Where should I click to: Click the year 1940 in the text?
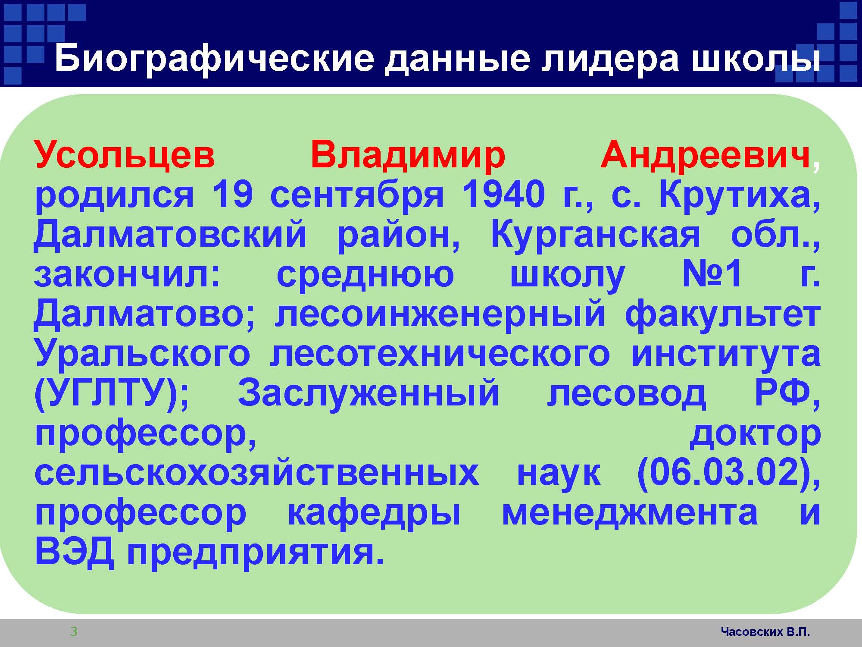coord(503,195)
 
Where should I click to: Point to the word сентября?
coord(357,196)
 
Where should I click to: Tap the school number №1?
coord(712,274)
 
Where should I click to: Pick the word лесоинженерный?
coord(440,314)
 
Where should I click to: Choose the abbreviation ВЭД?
coord(74,553)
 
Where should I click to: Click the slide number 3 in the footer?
coord(74,632)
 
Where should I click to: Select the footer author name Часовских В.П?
coord(765,632)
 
